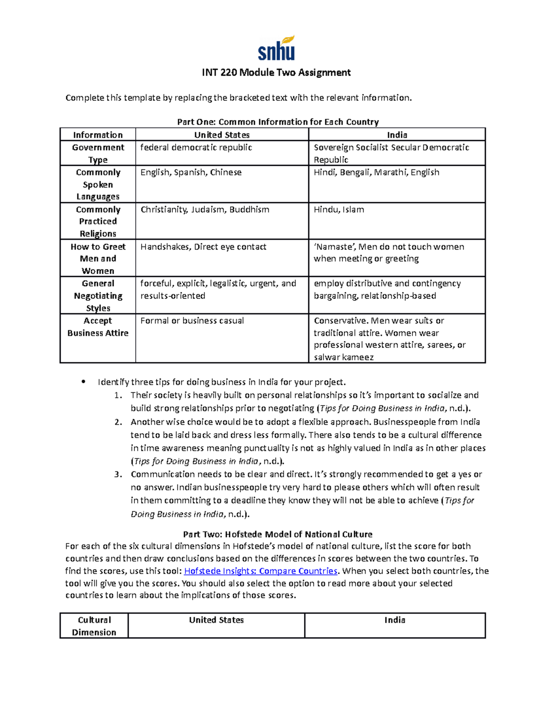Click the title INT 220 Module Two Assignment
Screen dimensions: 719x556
pos(276,73)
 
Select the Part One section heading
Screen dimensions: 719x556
pos(278,122)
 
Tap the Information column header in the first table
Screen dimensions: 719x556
pos(98,135)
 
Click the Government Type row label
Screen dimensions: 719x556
pos(98,153)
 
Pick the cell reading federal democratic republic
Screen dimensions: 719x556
pos(196,148)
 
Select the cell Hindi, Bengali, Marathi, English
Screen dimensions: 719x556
pos(376,172)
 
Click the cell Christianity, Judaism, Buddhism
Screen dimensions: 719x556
pos(205,210)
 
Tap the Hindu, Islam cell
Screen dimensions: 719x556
pos(339,210)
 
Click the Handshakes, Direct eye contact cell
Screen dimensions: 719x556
pos(203,247)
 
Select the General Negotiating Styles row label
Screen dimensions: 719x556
pos(98,295)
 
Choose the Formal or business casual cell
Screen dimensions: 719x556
pos(192,321)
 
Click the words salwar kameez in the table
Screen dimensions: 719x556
pos(343,357)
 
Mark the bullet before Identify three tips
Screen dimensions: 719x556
pos(83,382)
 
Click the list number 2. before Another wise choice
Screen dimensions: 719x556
pos(118,422)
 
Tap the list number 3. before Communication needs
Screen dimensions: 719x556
pos(118,474)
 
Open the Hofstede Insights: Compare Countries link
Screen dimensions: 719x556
pos(260,571)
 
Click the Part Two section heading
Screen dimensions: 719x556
pos(278,534)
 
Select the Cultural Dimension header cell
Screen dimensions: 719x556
pos(94,626)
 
